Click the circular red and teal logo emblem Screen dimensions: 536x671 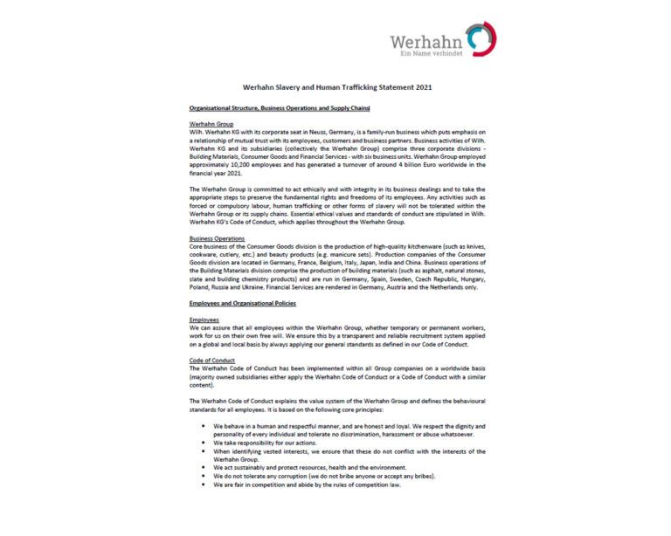(481, 39)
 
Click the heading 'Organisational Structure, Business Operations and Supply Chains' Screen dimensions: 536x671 (280, 108)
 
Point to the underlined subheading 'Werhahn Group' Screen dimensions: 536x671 (211, 125)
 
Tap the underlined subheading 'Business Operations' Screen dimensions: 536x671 (218, 237)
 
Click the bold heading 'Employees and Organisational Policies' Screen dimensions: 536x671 (243, 303)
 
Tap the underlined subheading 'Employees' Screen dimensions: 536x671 (206, 320)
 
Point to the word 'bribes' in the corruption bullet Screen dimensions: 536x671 (422, 476)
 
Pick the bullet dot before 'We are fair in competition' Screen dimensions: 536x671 (204, 484)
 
